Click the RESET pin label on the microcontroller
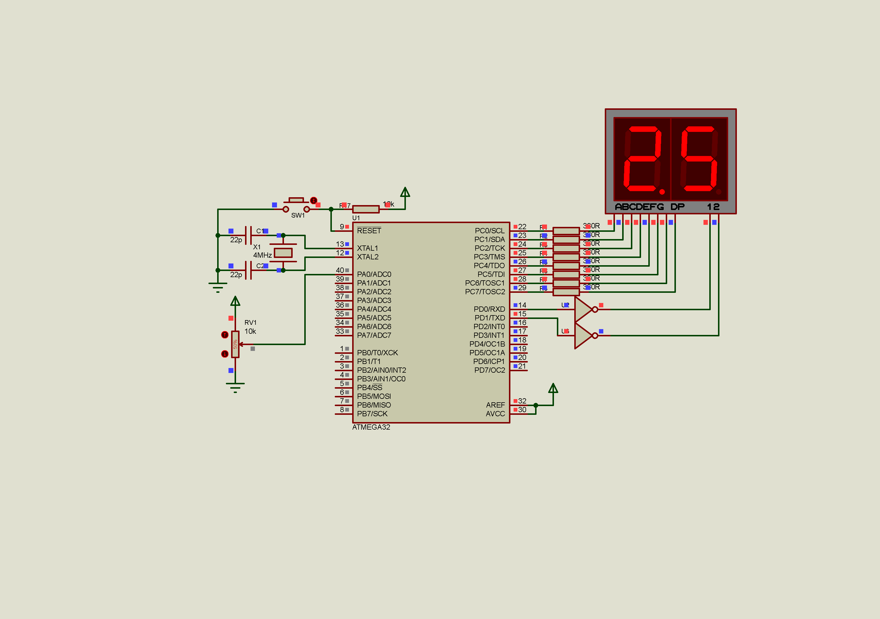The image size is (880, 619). click(x=369, y=231)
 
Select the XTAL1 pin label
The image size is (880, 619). click(x=367, y=248)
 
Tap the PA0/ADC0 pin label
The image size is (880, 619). click(x=374, y=274)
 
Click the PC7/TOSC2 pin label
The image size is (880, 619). click(x=485, y=292)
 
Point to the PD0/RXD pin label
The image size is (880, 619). click(x=489, y=309)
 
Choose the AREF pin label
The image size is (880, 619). click(x=495, y=405)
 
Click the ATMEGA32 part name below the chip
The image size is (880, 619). click(x=371, y=427)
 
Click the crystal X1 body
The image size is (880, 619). click(x=283, y=253)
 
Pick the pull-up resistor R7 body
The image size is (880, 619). click(x=366, y=209)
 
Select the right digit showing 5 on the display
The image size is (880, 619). click(x=699, y=159)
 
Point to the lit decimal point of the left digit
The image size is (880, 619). click(x=662, y=191)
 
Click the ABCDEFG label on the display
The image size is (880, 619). click(x=639, y=207)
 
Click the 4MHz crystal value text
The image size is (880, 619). click(x=262, y=255)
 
